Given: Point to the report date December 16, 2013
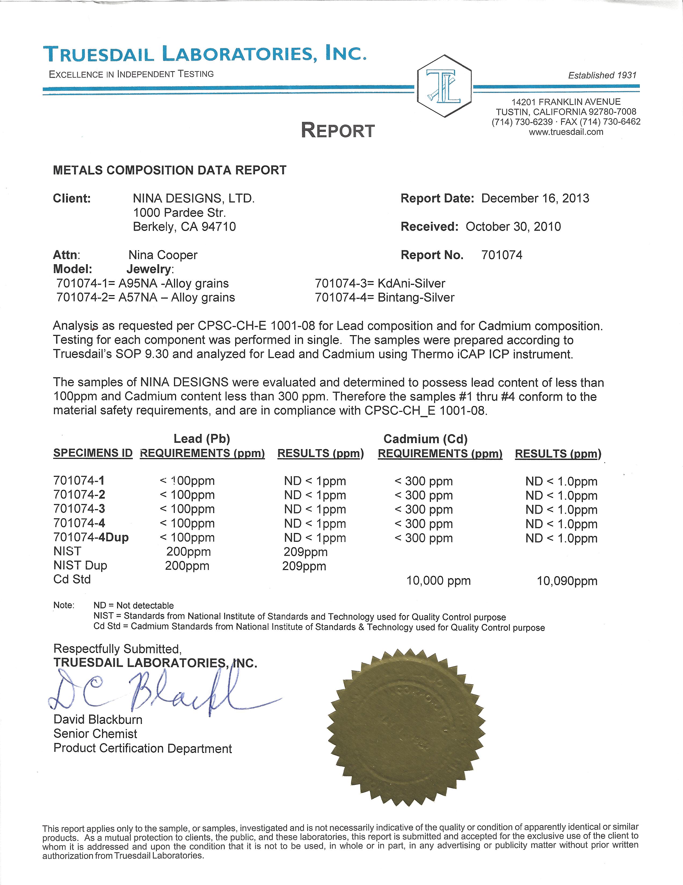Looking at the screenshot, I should pos(535,198).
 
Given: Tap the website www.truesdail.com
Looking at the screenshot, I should pos(566,132).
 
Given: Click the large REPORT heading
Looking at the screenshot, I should pos(338,130).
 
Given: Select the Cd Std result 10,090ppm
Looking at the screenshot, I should pos(567,581).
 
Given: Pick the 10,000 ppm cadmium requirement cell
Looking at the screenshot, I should pos(438,581).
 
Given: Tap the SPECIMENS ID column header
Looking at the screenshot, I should pos(93,453).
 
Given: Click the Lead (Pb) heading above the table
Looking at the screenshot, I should pos(202,438).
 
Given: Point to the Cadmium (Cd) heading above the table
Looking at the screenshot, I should pos(425,438).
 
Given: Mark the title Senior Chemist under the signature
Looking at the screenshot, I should pos(95,734).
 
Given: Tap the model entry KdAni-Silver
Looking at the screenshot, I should pos(411,283).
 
